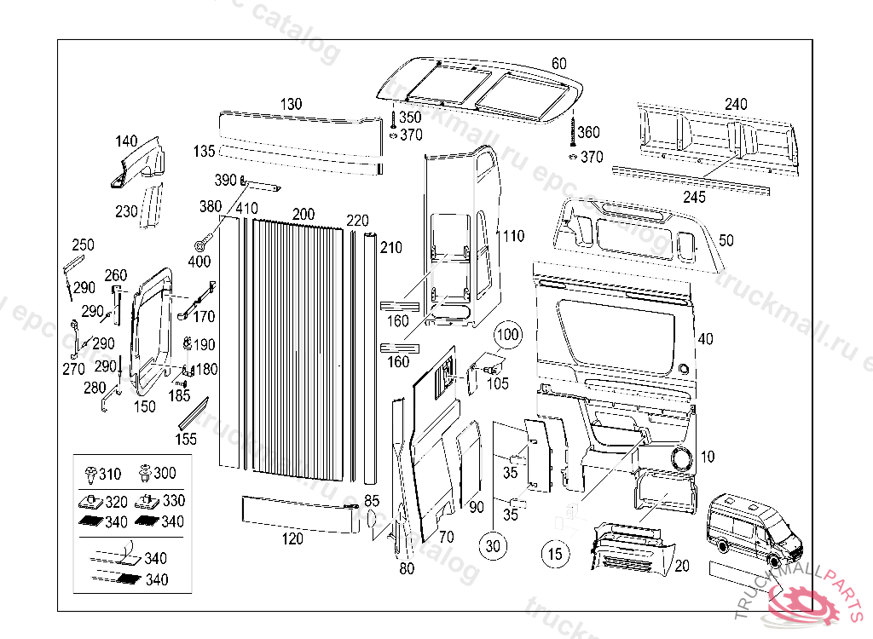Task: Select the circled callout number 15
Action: pyautogui.click(x=555, y=554)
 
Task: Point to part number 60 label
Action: pyautogui.click(x=558, y=63)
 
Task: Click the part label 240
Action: pyautogui.click(x=735, y=104)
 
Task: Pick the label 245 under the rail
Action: pyautogui.click(x=694, y=198)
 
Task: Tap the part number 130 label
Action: pyautogui.click(x=291, y=104)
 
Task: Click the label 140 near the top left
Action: pyautogui.click(x=125, y=141)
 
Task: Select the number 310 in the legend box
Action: pyautogui.click(x=110, y=474)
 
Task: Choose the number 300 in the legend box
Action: pyautogui.click(x=165, y=474)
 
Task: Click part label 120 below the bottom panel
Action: pyautogui.click(x=292, y=538)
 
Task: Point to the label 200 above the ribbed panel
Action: pyautogui.click(x=303, y=213)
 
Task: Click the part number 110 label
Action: pyautogui.click(x=514, y=235)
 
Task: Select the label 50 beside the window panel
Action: pyautogui.click(x=726, y=241)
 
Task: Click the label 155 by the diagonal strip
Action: pyautogui.click(x=186, y=439)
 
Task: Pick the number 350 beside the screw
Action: pyautogui.click(x=409, y=118)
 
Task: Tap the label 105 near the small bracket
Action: pyautogui.click(x=497, y=383)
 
